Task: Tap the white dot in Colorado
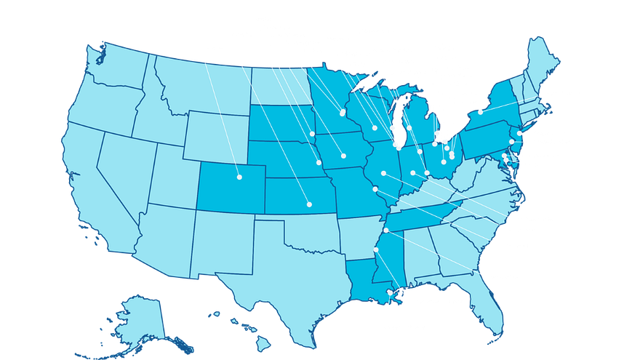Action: pyautogui.click(x=239, y=177)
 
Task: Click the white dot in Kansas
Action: pyautogui.click(x=309, y=204)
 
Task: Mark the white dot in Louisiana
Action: pyautogui.click(x=391, y=293)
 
